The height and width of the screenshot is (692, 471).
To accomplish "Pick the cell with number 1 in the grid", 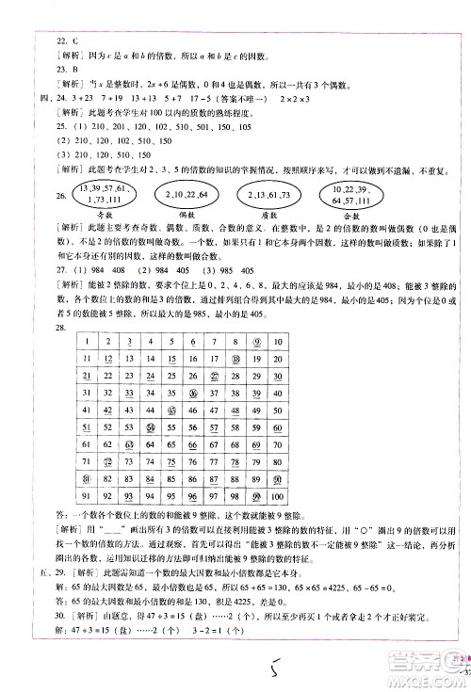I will point(85,343).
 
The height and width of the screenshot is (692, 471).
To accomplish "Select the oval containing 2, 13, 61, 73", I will point(268,195).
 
